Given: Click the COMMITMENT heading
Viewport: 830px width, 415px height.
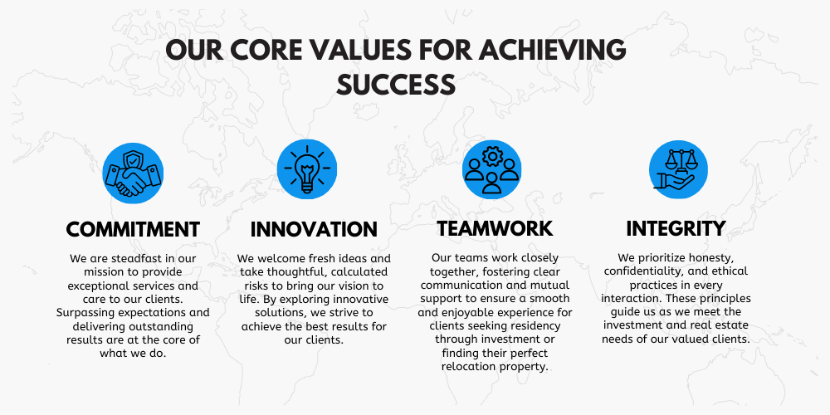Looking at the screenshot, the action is click(133, 230).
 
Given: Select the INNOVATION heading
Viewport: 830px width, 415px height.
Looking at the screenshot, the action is click(314, 230).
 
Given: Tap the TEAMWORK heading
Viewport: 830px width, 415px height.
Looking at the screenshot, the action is click(495, 229).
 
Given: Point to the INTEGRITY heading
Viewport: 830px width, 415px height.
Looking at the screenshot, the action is click(676, 229).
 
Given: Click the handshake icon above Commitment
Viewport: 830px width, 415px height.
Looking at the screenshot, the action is click(133, 173).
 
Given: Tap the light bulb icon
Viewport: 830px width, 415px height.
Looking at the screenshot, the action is click(307, 169).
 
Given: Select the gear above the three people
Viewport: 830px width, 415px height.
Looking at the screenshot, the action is click(492, 156).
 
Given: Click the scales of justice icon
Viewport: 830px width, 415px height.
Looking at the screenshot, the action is click(678, 169).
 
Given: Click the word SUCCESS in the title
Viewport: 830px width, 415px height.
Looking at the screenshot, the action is click(396, 85).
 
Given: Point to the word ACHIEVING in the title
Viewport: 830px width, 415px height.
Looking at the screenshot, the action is click(553, 51).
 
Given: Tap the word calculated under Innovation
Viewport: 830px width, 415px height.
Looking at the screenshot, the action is click(360, 272).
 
